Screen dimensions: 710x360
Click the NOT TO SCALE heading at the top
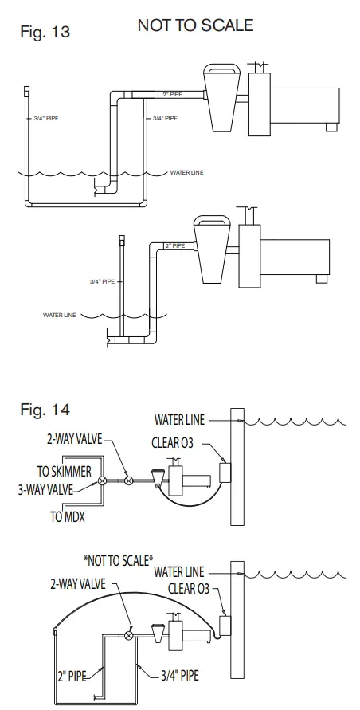(x=195, y=25)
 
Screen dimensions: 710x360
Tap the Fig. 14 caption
(x=45, y=410)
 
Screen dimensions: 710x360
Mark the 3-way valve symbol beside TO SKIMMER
(x=102, y=481)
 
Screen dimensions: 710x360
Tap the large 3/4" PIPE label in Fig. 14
(x=173, y=675)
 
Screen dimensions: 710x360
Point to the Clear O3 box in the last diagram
(x=225, y=625)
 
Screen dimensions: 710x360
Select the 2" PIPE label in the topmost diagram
(x=171, y=94)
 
